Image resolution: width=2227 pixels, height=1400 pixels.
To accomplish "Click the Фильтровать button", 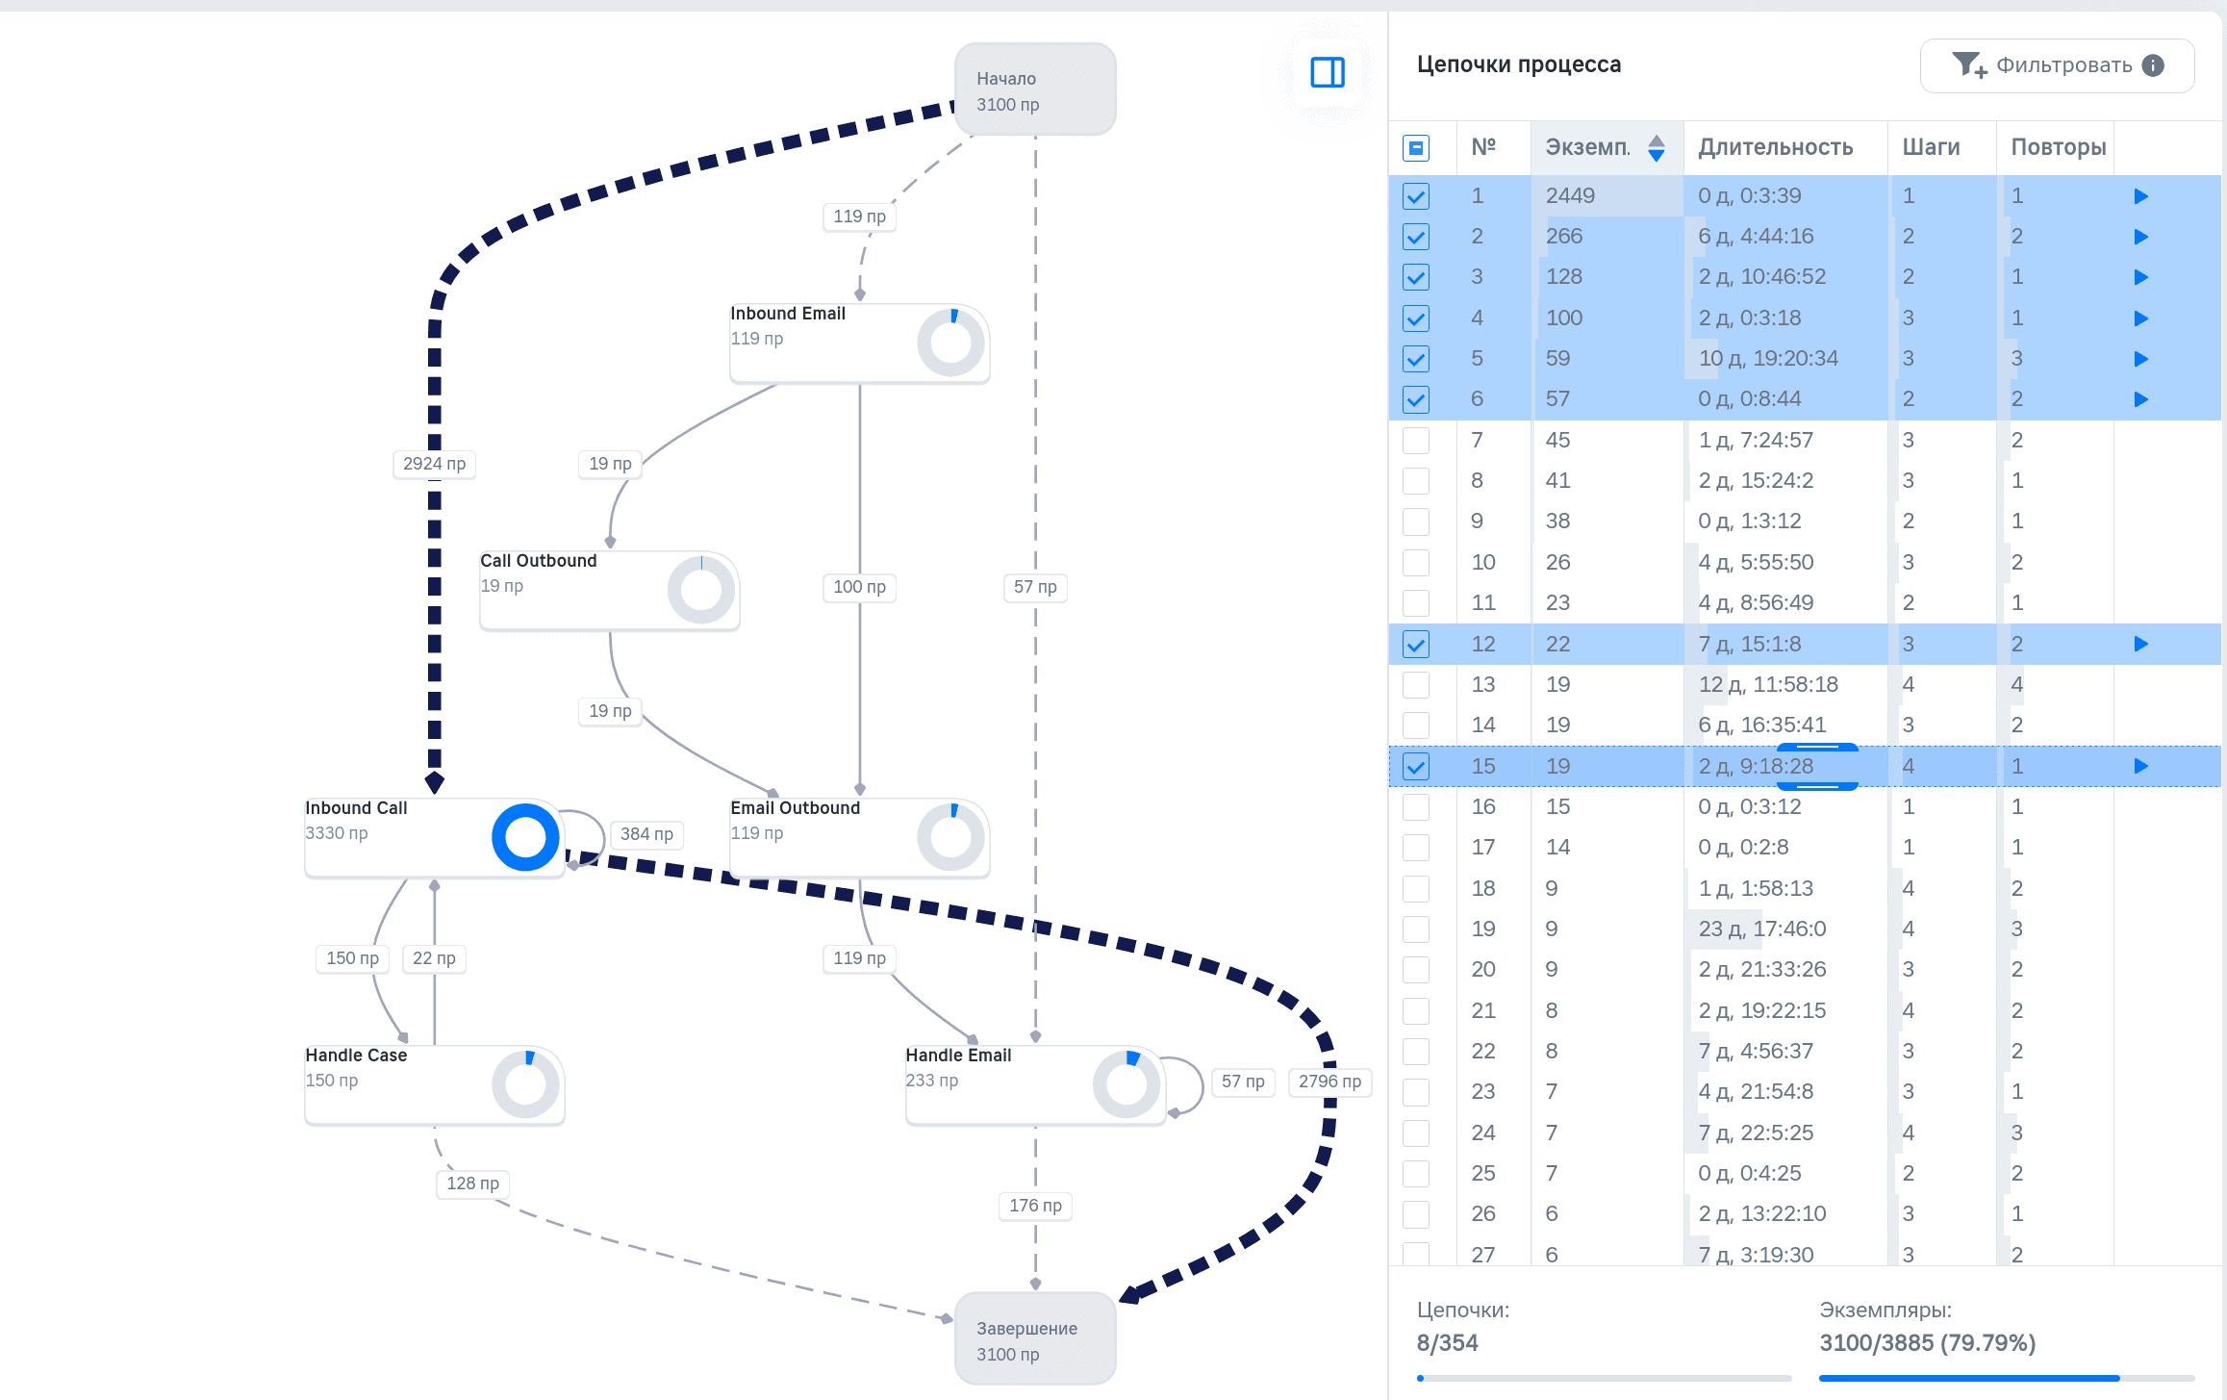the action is [x=2057, y=65].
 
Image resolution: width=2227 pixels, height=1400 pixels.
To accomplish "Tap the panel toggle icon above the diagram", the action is [x=1328, y=72].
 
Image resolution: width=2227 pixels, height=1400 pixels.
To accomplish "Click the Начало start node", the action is [x=1035, y=89].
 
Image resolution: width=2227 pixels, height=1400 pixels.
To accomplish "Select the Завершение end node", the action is [x=1035, y=1338].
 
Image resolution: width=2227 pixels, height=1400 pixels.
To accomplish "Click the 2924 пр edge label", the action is [x=435, y=464].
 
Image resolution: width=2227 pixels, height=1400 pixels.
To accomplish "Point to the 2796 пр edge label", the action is [x=1329, y=1082].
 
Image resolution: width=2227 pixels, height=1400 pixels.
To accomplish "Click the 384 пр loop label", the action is [x=646, y=834].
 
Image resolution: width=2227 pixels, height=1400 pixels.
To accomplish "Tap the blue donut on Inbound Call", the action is [x=525, y=837].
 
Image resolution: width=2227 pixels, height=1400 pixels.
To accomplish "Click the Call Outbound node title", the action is [x=539, y=561].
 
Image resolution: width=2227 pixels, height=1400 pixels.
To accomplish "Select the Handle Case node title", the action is [x=357, y=1056].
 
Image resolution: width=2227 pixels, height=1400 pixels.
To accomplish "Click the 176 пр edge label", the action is [x=1035, y=1206].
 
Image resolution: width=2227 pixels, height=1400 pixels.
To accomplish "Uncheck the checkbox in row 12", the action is [x=1416, y=645].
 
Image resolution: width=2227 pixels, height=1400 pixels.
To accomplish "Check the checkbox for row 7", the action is [x=1416, y=441].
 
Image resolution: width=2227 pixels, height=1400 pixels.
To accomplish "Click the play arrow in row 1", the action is [x=2140, y=196].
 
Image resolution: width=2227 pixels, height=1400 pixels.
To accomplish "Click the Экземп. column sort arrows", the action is [x=1657, y=148].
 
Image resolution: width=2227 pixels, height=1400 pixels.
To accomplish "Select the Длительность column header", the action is [x=1776, y=147].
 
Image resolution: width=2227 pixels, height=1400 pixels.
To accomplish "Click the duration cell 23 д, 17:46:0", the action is [x=1762, y=929].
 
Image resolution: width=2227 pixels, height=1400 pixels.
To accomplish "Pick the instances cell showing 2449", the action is [x=1570, y=196].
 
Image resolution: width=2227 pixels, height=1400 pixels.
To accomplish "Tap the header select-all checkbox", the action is [x=1416, y=148].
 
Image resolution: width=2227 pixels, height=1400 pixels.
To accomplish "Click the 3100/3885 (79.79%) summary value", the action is [x=1928, y=1343].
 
